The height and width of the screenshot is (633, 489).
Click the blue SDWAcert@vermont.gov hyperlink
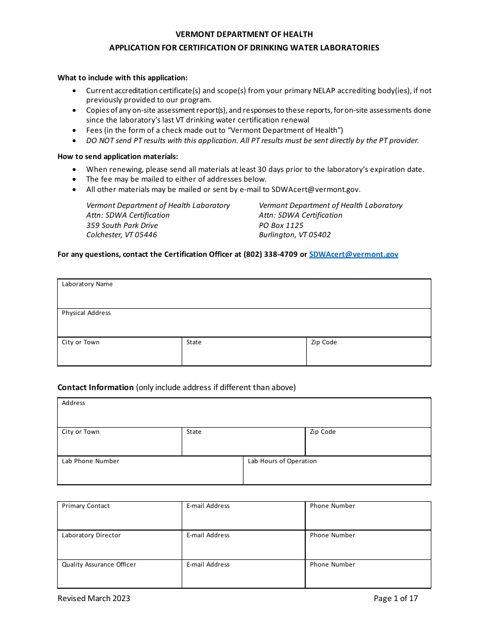[x=353, y=254]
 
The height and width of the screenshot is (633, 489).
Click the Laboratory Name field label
[x=87, y=284]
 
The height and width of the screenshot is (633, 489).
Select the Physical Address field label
[x=86, y=313]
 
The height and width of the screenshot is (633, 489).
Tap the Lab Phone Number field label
[x=90, y=461]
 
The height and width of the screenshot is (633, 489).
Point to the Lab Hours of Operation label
[x=282, y=461]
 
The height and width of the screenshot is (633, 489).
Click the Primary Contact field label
[x=85, y=506]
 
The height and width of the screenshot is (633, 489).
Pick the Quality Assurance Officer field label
[x=99, y=565]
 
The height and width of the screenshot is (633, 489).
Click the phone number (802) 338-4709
[x=270, y=254]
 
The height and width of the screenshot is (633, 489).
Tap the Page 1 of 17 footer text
[x=395, y=598]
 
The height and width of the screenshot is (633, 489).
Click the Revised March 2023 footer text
[x=94, y=598]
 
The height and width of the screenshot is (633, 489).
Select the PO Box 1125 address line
[x=281, y=225]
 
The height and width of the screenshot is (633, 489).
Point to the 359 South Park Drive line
[x=122, y=225]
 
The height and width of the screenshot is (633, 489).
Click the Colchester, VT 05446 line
[x=121, y=235]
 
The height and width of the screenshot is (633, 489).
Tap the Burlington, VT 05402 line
[x=294, y=235]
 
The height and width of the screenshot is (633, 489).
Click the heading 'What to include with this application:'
[x=123, y=78]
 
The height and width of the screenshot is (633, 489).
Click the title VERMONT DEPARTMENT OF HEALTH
[x=244, y=34]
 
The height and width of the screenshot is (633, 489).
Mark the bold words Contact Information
[x=95, y=388]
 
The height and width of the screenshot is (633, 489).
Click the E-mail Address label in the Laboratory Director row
[x=208, y=535]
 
